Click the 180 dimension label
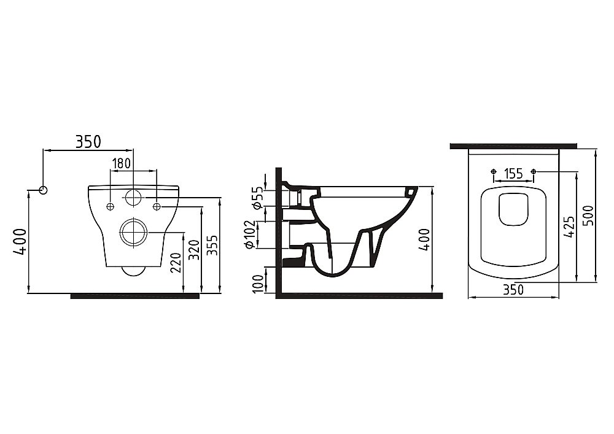click(x=122, y=163)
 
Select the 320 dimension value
click(x=194, y=249)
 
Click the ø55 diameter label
click(x=257, y=199)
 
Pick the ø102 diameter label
click(x=250, y=234)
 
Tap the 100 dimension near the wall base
click(x=258, y=284)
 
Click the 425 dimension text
click(x=571, y=227)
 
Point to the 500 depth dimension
click(x=589, y=215)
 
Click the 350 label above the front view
click(x=88, y=142)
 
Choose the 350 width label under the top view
click(x=513, y=290)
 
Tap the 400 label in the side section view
click(x=426, y=239)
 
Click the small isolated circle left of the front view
click(x=44, y=190)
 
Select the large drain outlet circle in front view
click(x=133, y=233)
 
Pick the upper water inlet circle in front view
click(x=133, y=198)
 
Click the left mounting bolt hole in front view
click(x=111, y=206)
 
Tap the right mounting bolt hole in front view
click(x=157, y=206)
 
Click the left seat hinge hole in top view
click(x=494, y=171)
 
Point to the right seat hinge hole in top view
click(x=534, y=171)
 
